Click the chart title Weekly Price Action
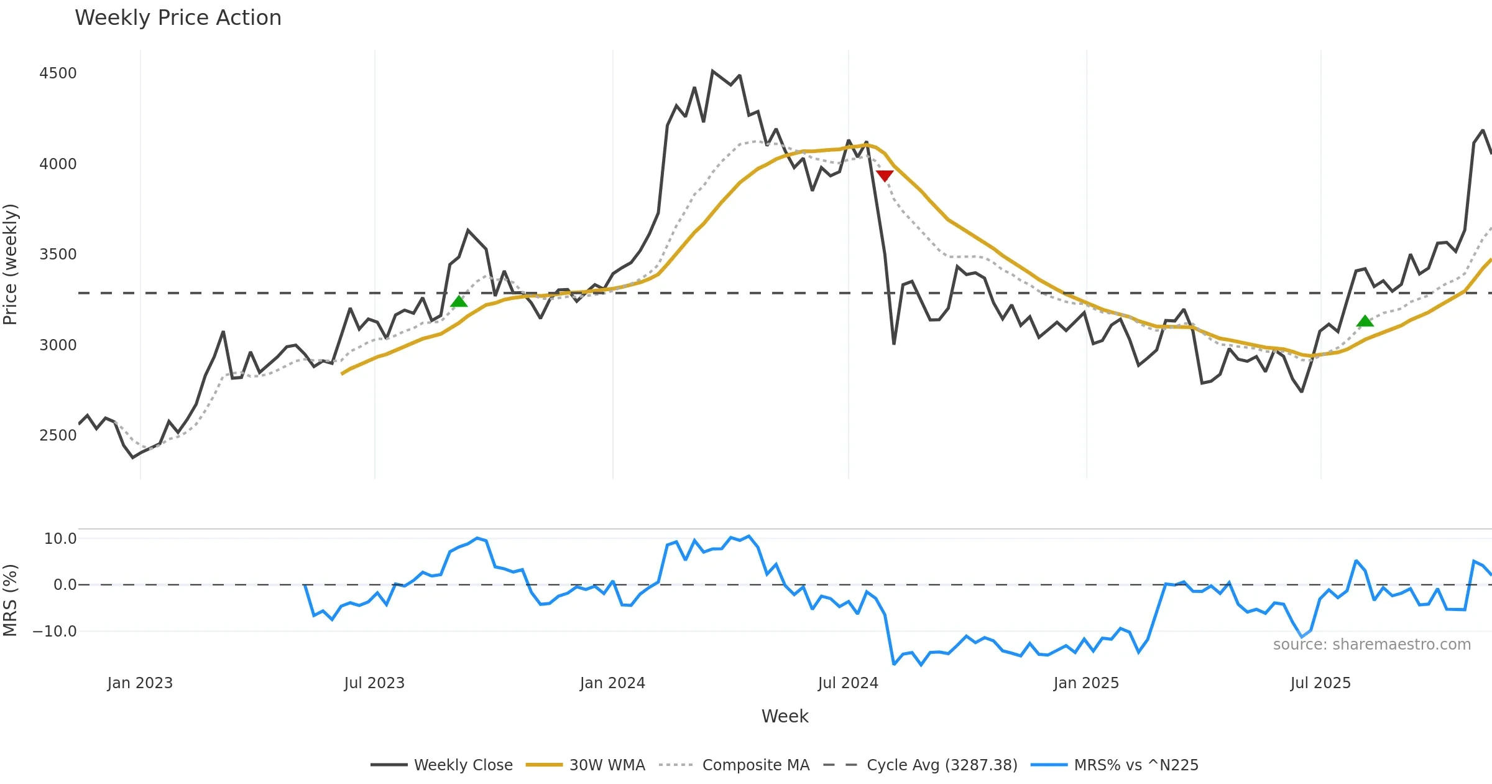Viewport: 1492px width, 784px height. coord(178,18)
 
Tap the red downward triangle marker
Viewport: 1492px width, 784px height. coord(884,176)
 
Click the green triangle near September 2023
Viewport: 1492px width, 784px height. coord(459,302)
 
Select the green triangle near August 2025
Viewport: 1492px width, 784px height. coord(1365,321)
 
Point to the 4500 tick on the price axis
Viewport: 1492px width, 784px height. coord(58,73)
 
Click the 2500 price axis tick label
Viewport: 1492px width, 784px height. coord(58,436)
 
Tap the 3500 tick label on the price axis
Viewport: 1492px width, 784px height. coord(58,254)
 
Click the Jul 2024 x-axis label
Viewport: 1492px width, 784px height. coord(848,683)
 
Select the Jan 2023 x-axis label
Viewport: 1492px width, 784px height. coord(140,683)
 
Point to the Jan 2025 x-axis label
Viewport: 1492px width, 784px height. coord(1086,683)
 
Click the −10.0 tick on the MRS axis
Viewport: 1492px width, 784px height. coord(55,632)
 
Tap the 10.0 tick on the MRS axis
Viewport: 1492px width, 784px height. coord(60,539)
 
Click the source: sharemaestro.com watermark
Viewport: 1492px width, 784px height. coord(1371,645)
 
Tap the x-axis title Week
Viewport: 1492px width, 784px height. coord(785,717)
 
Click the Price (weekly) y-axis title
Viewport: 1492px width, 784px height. coord(11,264)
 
